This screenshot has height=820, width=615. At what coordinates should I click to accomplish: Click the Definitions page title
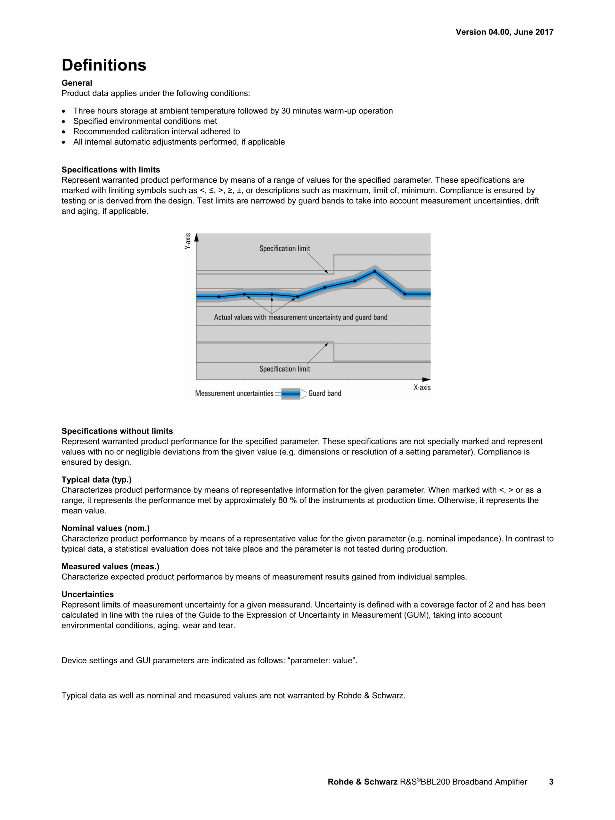coord(104,65)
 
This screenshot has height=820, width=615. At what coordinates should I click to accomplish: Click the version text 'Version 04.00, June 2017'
coord(504,32)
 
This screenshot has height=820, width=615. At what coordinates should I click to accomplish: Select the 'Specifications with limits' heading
coord(111,170)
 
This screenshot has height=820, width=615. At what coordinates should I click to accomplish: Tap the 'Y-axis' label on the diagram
coord(188,241)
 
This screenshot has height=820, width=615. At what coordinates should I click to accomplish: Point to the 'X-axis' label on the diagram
coord(422,387)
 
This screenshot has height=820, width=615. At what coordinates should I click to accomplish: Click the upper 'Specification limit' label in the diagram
coord(284,248)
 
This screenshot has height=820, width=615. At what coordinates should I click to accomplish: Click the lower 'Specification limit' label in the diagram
coord(284,369)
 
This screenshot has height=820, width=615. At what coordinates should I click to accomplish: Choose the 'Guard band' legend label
coord(324,393)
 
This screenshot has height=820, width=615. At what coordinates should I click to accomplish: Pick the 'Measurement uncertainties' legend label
coord(234,393)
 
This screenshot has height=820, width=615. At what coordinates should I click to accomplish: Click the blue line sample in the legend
coord(291,394)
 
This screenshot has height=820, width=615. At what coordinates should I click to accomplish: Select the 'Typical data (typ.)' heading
coord(96,480)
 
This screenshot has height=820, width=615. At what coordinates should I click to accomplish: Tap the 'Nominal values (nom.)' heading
coord(106,528)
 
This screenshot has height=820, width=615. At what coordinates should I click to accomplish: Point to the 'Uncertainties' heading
coord(87,595)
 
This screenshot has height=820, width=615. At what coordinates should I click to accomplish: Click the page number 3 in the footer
coord(551,782)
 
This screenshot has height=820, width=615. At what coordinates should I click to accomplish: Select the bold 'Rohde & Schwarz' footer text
coord(362,782)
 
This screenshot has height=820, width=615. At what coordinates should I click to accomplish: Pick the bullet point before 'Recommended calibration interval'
coord(65,132)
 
